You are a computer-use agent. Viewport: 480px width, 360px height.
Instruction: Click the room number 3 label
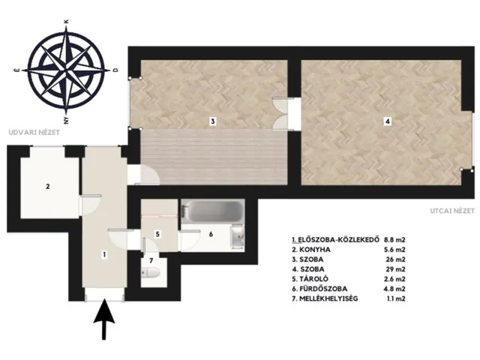(213, 121)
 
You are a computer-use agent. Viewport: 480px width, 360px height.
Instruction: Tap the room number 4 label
(388, 121)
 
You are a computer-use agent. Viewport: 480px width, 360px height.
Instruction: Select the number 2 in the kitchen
(48, 186)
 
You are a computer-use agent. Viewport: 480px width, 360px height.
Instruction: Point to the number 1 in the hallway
(105, 254)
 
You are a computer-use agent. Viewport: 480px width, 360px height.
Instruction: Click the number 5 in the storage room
(157, 234)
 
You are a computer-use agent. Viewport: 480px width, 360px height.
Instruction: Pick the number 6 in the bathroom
(211, 234)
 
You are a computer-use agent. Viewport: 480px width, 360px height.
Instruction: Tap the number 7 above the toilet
(151, 261)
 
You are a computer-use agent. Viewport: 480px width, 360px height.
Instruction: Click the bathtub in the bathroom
(212, 211)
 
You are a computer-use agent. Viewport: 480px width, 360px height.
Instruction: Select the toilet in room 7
(150, 272)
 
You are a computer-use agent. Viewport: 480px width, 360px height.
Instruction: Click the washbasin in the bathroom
(238, 236)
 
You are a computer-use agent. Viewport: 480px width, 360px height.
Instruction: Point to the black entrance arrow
(104, 319)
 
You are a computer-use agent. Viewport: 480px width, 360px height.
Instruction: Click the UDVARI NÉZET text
(34, 133)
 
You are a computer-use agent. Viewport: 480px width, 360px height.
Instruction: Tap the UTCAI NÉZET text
(452, 211)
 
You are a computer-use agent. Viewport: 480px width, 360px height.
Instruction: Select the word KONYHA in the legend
(315, 250)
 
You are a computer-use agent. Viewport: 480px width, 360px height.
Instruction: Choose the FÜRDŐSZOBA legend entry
(323, 289)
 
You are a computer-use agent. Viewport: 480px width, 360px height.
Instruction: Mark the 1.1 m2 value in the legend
(396, 298)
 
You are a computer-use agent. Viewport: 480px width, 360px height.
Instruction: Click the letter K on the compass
(67, 22)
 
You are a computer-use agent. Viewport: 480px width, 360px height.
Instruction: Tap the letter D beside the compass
(115, 70)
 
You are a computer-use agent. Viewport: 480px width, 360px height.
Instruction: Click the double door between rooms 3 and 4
(280, 114)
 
